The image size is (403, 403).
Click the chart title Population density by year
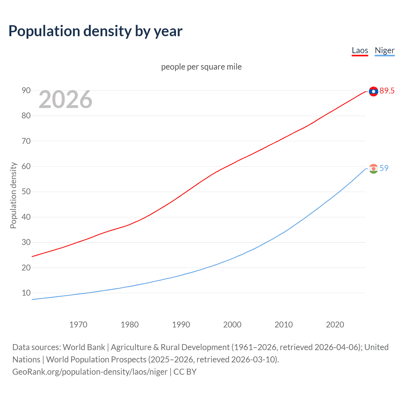click(95, 31)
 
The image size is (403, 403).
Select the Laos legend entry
click(360, 50)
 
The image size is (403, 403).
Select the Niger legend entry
click(384, 50)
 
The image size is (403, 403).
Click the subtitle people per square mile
click(201, 67)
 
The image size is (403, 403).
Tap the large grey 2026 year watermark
click(65, 99)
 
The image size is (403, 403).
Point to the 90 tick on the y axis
click(26, 91)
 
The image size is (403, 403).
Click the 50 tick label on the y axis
click(26, 192)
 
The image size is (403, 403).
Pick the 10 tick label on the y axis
click(26, 293)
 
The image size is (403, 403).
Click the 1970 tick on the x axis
click(78, 325)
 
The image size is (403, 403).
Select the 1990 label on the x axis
click(181, 325)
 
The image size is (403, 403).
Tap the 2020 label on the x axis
click(335, 325)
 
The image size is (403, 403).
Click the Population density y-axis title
click(13, 195)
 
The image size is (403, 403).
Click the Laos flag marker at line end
click(373, 91)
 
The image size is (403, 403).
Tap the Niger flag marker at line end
click(373, 169)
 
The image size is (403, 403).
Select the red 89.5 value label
click(387, 91)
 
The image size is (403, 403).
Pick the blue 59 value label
click(384, 168)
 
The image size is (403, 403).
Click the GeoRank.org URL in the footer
click(90, 372)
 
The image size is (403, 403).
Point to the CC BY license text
click(185, 372)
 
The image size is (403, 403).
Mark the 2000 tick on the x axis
click(232, 325)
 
